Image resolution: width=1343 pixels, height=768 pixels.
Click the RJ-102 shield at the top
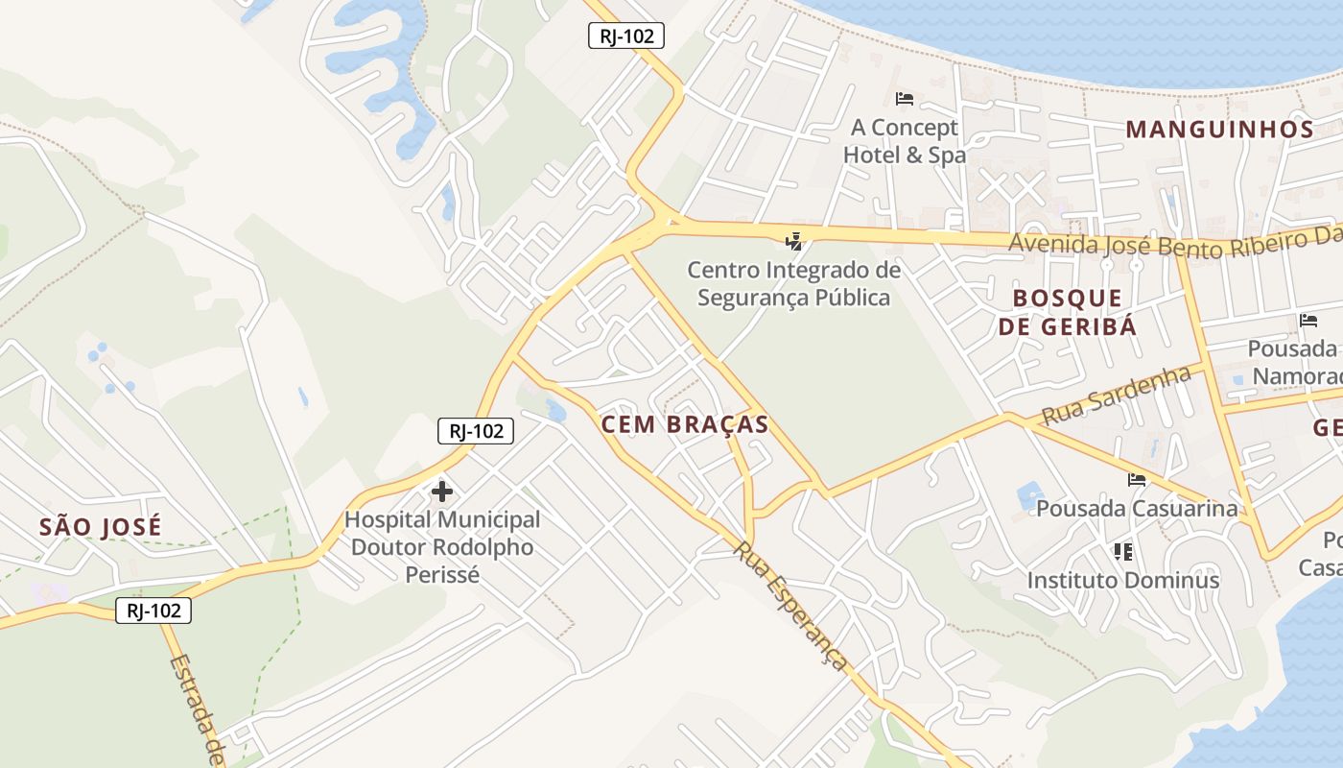625,36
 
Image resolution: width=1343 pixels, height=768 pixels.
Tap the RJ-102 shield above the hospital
476,431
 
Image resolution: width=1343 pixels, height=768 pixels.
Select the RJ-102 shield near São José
153,610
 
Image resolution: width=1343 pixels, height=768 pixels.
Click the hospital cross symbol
442,492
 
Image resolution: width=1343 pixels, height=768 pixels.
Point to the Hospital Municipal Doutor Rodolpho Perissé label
442,547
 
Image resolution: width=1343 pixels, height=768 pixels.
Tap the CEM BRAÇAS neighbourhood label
685,424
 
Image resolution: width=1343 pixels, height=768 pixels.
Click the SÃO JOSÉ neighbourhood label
101,526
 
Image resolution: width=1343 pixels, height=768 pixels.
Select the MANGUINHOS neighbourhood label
1218,129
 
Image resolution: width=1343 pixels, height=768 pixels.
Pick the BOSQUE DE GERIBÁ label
1067,312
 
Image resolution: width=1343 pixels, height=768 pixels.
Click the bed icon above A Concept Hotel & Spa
904,98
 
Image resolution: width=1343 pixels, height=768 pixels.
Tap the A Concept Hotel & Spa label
904,141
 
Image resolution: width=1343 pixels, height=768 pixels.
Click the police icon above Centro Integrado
793,241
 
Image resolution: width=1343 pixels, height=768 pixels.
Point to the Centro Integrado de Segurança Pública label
793,284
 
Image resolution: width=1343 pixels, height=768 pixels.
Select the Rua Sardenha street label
1116,396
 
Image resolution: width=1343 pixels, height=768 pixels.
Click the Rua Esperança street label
791,606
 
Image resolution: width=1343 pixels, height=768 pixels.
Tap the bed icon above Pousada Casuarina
1137,479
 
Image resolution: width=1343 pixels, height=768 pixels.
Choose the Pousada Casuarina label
1137,508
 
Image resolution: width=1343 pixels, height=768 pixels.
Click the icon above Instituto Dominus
1122,552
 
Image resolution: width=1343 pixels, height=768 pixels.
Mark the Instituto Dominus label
1122,580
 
